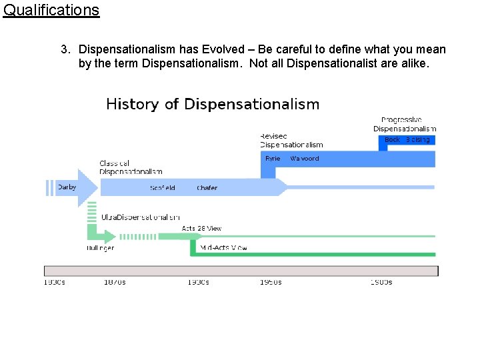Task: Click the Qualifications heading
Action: click(x=51, y=10)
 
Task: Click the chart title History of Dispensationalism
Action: click(x=213, y=104)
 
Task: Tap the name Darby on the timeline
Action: click(x=67, y=187)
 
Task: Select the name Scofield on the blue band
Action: click(x=163, y=188)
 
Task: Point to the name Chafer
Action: click(x=207, y=188)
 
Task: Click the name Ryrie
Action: click(x=273, y=159)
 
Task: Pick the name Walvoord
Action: click(x=305, y=159)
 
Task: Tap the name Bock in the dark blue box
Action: click(x=393, y=140)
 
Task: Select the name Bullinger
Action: click(x=100, y=248)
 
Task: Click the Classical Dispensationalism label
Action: click(x=131, y=167)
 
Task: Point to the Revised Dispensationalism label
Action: click(x=291, y=140)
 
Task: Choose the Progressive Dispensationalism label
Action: click(x=405, y=124)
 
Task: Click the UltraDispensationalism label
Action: click(x=141, y=217)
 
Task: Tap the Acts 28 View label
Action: click(x=201, y=229)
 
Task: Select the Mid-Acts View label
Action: click(x=223, y=248)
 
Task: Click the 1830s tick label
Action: click(x=55, y=282)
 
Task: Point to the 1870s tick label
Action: click(x=115, y=282)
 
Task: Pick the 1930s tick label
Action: click(x=198, y=282)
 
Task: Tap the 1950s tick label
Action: click(x=271, y=282)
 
